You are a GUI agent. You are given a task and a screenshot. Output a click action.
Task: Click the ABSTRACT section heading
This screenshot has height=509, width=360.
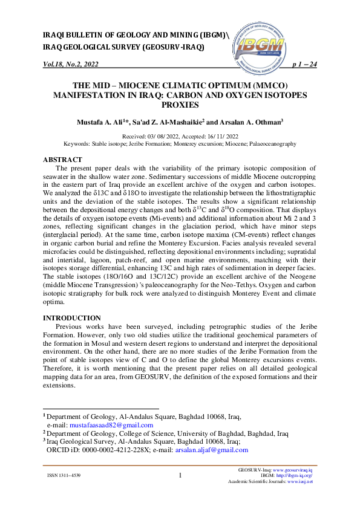(64, 159)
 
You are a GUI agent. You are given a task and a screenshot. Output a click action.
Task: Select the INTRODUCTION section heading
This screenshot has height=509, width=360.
(72, 317)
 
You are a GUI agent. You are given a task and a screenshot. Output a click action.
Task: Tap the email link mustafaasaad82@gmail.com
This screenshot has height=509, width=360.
(111, 425)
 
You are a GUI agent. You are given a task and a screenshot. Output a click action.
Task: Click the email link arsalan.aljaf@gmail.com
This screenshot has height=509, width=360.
(211, 450)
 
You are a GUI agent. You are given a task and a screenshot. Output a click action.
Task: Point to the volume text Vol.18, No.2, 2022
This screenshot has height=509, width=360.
(70, 64)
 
